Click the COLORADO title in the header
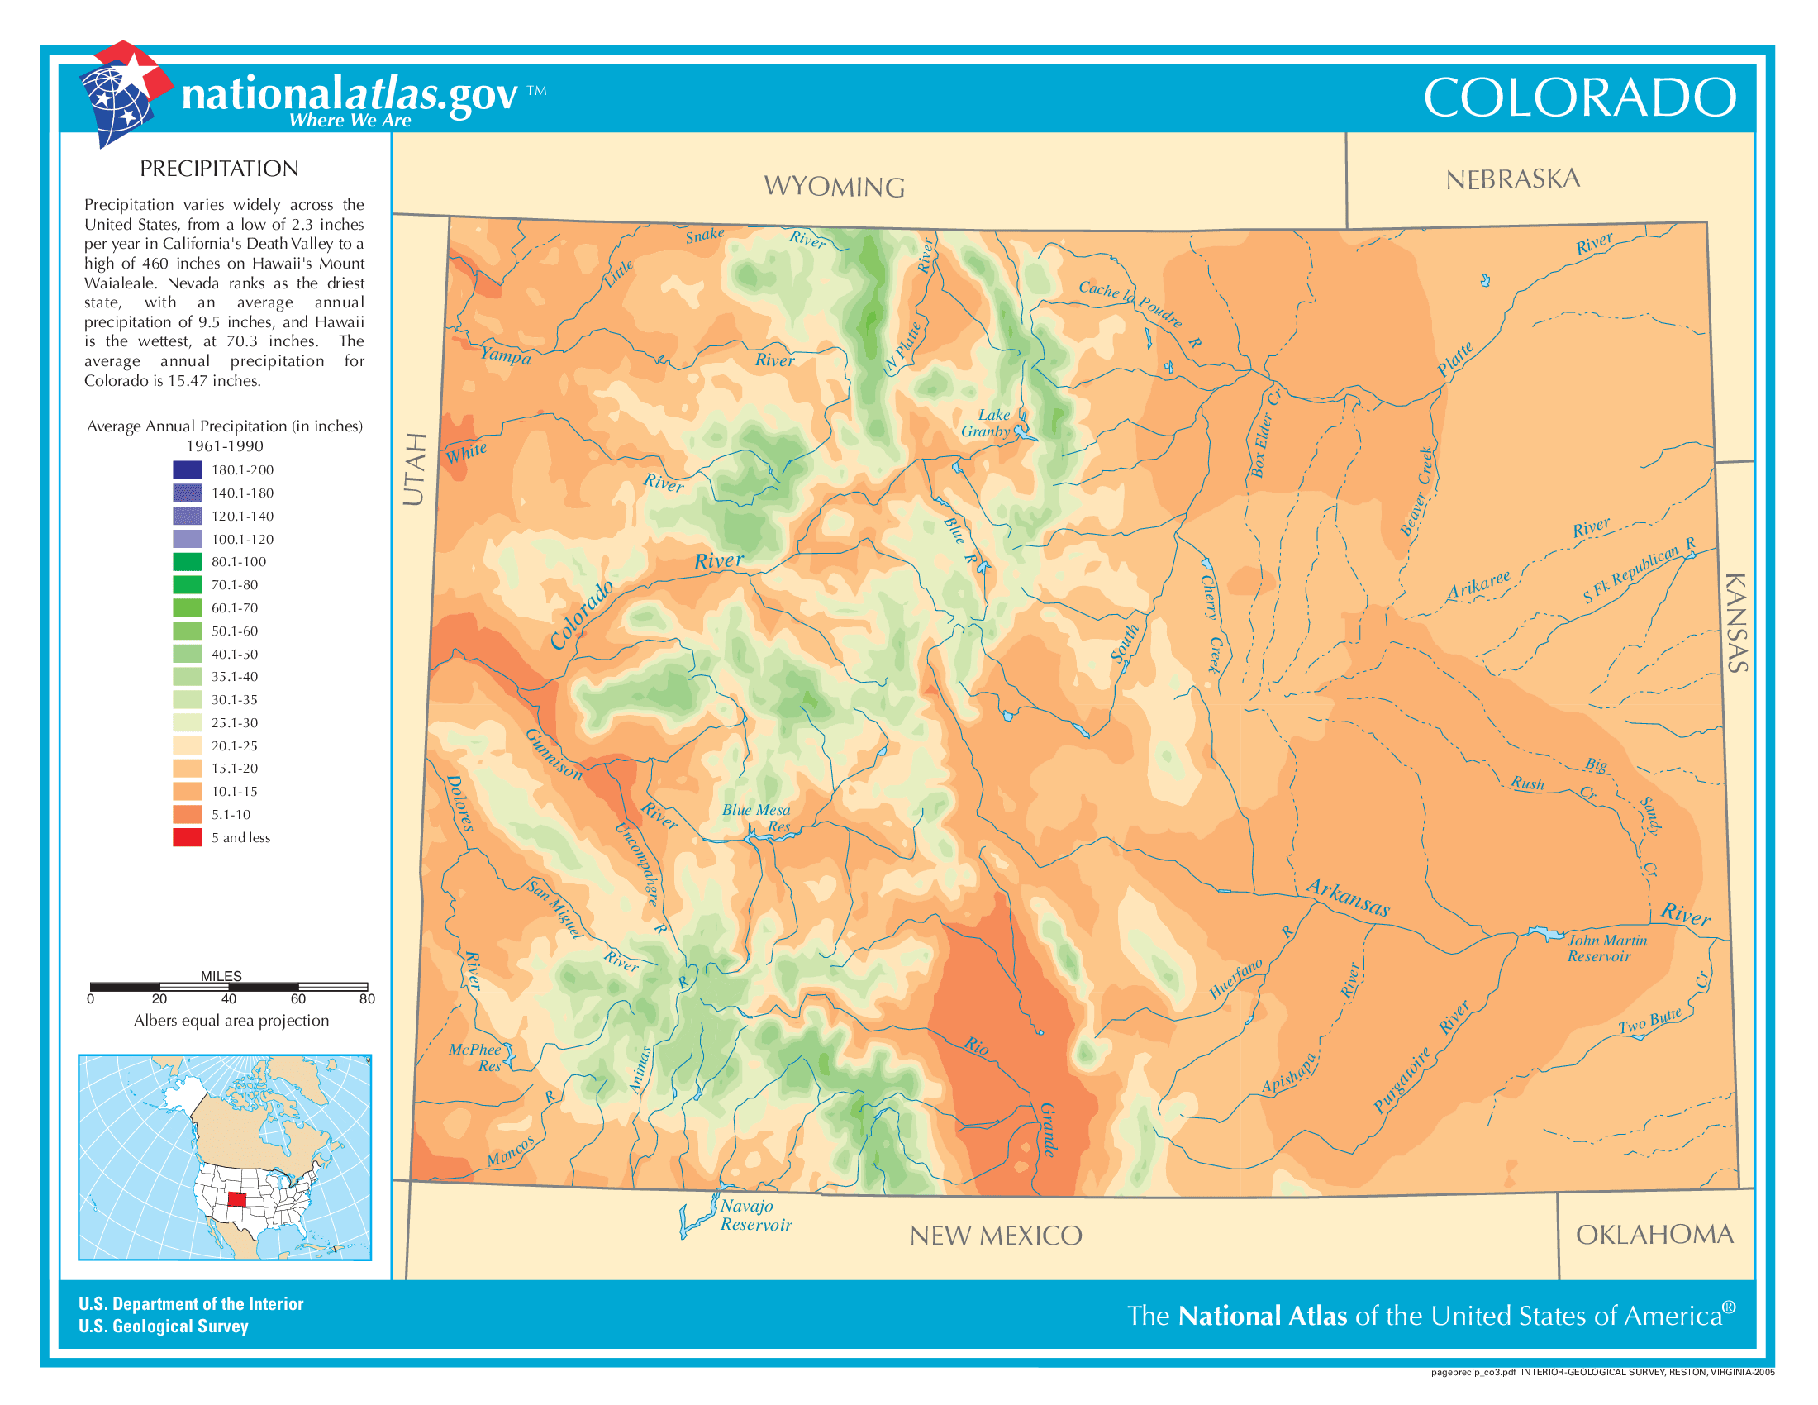click(1579, 98)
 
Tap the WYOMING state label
click(834, 187)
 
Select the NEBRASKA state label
click(1511, 179)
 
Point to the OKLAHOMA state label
click(1654, 1235)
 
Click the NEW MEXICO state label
click(996, 1236)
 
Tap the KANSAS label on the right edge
click(1736, 622)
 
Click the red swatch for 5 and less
click(188, 837)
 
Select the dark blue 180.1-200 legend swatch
click(188, 469)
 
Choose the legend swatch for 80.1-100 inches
click(188, 562)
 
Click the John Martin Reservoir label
click(1606, 948)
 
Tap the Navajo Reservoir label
click(754, 1215)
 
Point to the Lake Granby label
click(988, 423)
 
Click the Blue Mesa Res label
click(756, 817)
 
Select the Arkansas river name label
click(1348, 898)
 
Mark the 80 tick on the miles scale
click(367, 998)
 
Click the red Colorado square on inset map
click(236, 1199)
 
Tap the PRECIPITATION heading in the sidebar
click(219, 169)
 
